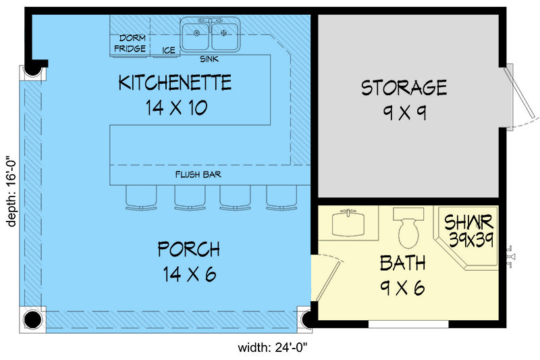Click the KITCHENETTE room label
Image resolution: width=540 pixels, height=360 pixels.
[x=175, y=83]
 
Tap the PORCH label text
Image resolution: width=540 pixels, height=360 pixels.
[x=188, y=249]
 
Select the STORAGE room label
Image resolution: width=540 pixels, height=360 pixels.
[x=404, y=88]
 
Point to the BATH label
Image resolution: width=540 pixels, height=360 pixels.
[x=402, y=263]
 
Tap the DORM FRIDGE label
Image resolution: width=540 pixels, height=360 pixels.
[x=129, y=43]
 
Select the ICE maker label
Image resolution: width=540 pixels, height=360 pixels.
[x=169, y=49]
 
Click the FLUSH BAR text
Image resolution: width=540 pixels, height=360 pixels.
[x=198, y=174]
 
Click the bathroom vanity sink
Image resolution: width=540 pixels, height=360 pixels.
[x=348, y=222]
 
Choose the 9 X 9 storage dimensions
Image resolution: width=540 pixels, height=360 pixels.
[x=404, y=112]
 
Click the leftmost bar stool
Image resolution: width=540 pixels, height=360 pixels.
[x=140, y=197]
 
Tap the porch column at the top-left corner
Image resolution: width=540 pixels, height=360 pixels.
[x=32, y=70]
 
